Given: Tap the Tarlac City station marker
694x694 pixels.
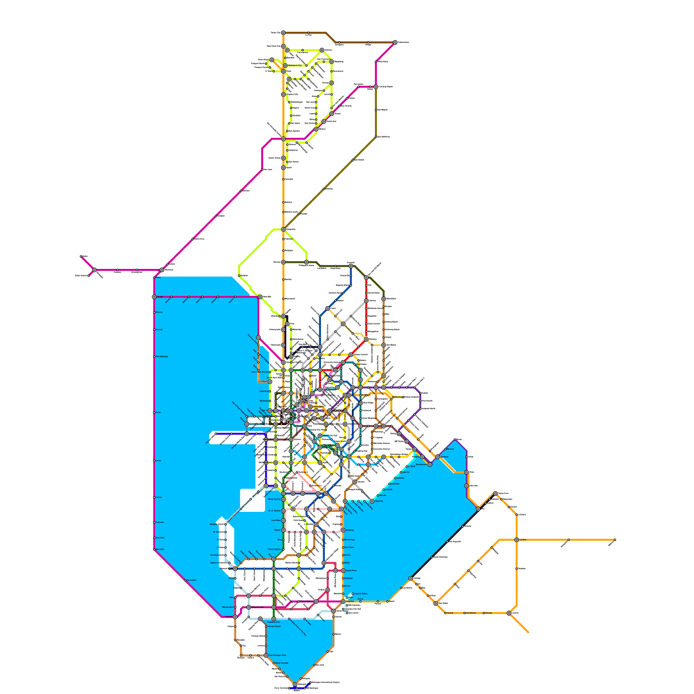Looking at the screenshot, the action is pos(283,33).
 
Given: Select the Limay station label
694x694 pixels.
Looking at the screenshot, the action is pos(158,461).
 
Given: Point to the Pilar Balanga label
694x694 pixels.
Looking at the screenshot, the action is pos(162,357).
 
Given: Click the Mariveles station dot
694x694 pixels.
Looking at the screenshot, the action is pos(154,550).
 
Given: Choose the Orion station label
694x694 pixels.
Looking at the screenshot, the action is pos(158,412).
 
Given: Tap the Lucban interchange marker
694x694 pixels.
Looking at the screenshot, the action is pos(517,540).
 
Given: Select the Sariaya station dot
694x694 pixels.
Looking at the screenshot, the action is pos(484,613).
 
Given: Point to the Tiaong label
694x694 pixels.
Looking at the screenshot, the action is pos(450,613).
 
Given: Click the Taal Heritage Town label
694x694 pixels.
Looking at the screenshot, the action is pos(278,655).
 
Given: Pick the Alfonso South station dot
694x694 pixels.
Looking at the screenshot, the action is pos(266,626).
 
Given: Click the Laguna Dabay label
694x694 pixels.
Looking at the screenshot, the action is pos(361,594).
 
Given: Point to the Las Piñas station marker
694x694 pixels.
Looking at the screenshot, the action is pos(283,520).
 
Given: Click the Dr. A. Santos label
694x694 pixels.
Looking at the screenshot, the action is pos(275,511).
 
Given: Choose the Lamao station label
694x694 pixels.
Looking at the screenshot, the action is pos(159,497).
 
